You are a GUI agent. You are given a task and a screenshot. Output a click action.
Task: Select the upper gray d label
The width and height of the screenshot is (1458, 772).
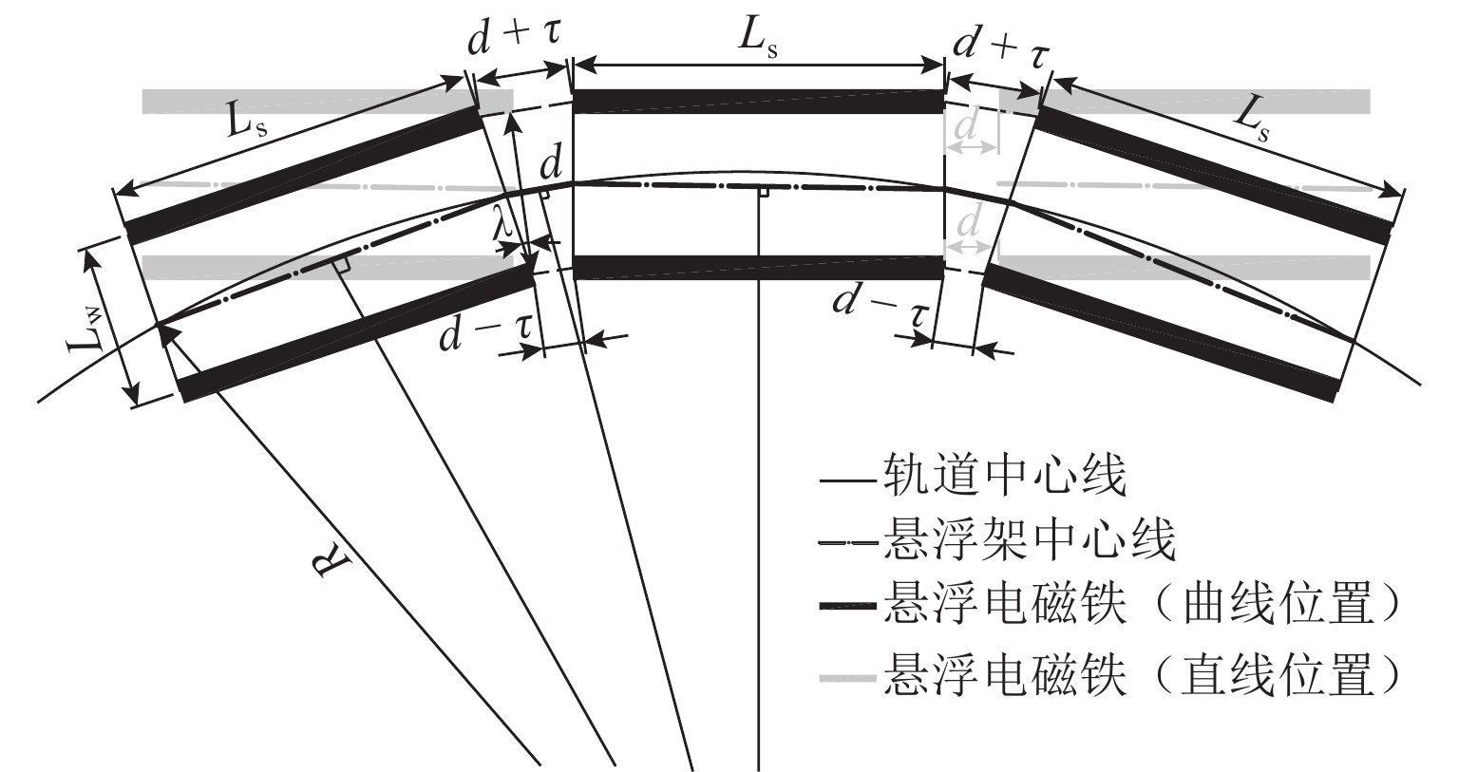coord(968,127)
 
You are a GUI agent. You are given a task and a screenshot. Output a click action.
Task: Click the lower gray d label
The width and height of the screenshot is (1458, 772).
coord(968,224)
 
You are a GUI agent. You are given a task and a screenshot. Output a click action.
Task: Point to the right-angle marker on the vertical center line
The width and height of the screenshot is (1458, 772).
coord(763,193)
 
